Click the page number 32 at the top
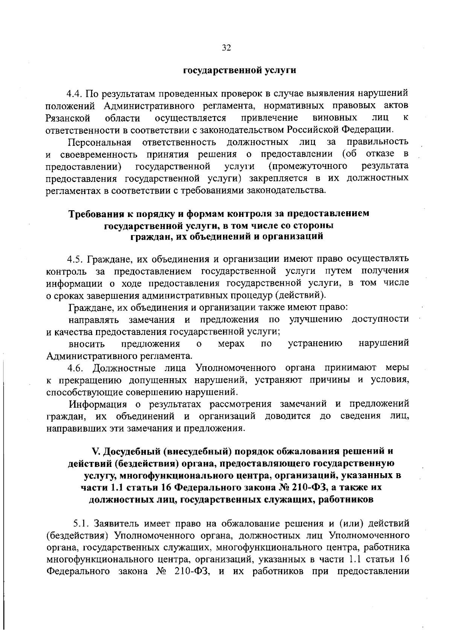(x=226, y=47)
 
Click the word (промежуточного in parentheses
(x=308, y=167)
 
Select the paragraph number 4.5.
(x=75, y=259)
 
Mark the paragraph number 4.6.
(x=76, y=368)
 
